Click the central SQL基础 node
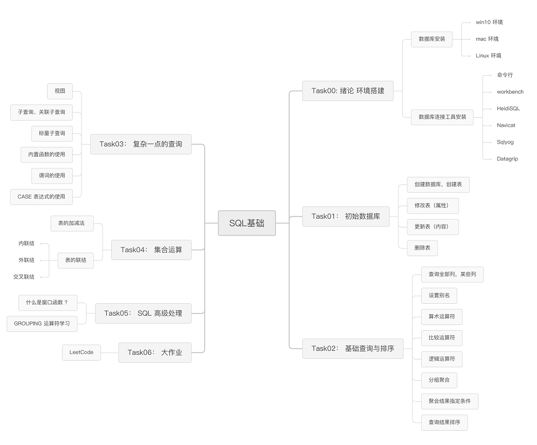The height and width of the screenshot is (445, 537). [x=247, y=223]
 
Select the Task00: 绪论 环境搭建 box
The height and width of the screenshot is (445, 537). [x=348, y=91]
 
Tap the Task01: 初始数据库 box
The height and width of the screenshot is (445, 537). [x=345, y=216]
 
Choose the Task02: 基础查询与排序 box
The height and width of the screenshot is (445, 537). [x=352, y=349]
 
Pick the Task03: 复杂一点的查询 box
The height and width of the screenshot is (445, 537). [x=141, y=144]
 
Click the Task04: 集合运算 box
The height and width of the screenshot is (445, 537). [x=151, y=250]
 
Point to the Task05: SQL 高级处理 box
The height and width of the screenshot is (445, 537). [x=143, y=313]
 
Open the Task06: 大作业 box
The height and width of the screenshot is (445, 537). [x=154, y=353]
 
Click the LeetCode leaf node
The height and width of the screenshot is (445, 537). [x=81, y=353]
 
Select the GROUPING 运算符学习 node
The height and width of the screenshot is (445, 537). [x=42, y=323]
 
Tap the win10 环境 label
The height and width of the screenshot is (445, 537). [x=489, y=22]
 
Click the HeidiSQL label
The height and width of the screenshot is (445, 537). [x=508, y=109]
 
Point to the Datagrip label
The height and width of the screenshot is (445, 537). [x=507, y=158]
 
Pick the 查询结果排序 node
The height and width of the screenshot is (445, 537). [x=444, y=423]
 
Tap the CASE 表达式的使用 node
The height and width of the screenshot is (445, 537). [x=41, y=196]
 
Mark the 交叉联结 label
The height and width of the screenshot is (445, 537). [x=24, y=277]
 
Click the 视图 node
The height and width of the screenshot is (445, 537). [x=60, y=91]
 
